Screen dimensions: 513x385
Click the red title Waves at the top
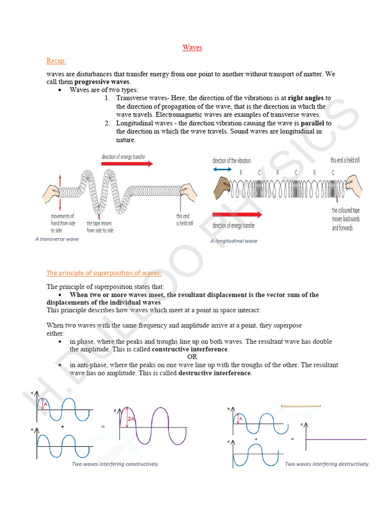pos(192,48)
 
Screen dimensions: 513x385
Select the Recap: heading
pos(56,61)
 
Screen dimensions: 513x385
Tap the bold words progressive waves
pos(102,82)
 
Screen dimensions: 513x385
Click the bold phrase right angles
pos(306,98)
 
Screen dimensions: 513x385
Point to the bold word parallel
pos(312,123)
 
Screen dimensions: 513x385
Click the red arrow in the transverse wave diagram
pos(127,163)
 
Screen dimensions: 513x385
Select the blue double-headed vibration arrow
pos(223,169)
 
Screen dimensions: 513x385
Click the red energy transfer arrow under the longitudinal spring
pos(237,214)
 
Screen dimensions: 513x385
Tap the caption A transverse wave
pos(57,239)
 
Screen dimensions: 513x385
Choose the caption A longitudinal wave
pos(234,241)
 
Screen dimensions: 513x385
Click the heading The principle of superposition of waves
pos(104,273)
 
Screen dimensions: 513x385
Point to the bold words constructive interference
pos(190,349)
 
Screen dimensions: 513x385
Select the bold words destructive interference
pos(215,373)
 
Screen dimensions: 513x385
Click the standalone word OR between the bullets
pos(192,357)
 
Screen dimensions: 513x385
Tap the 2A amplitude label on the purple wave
pos(131,419)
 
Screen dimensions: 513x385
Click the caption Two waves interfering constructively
pos(115,464)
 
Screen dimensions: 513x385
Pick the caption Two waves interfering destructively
pos(326,464)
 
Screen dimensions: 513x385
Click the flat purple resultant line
pos(336,439)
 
